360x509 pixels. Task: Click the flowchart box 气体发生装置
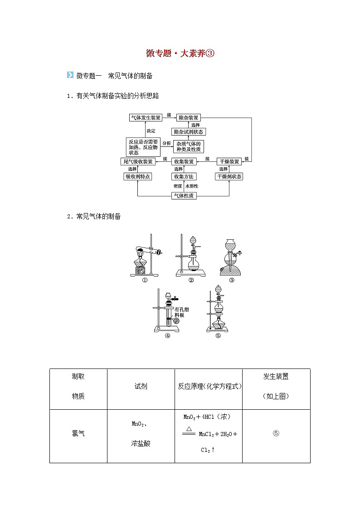[x=146, y=117]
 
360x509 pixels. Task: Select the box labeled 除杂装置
[x=188, y=117]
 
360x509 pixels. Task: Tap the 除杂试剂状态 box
[x=189, y=132]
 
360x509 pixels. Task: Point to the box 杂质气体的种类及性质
[x=188, y=146]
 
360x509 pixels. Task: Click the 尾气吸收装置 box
[x=138, y=161]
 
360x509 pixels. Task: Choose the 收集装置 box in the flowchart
[x=184, y=161]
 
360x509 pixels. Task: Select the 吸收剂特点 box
[x=137, y=176]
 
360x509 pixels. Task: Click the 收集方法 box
[x=184, y=176]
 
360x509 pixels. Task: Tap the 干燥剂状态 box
[x=229, y=176]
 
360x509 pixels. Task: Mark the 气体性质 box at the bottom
[x=184, y=196]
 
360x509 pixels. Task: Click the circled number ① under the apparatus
[x=145, y=280]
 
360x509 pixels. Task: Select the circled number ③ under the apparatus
[x=232, y=280]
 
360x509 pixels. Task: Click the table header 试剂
[x=141, y=387]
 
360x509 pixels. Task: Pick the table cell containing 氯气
[x=78, y=433]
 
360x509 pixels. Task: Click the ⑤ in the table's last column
[x=276, y=433]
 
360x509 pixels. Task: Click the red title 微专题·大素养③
[x=180, y=53]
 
